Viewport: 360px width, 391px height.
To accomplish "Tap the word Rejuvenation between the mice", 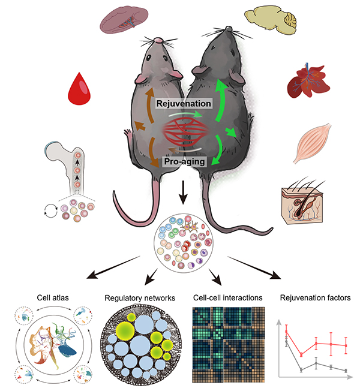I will pos(184,104).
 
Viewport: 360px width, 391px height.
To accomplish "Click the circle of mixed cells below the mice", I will pos(183,242).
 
